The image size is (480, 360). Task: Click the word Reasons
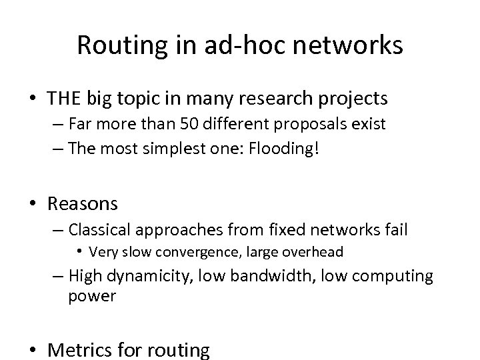[83, 203]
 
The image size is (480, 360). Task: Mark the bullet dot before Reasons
[33, 203]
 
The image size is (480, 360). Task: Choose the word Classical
[100, 230]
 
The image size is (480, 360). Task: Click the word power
[92, 295]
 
